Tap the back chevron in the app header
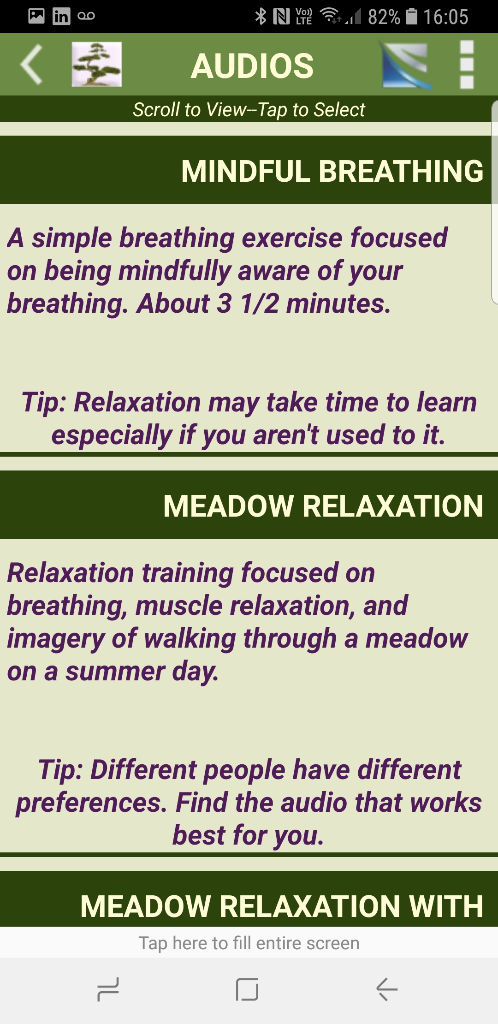pyautogui.click(x=31, y=65)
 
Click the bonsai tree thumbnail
pyautogui.click(x=97, y=64)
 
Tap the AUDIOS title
pyautogui.click(x=252, y=65)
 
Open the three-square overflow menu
pyautogui.click(x=467, y=64)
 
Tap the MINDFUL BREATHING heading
pyautogui.click(x=332, y=171)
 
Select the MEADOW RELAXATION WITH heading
pyautogui.click(x=282, y=906)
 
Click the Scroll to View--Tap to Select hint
pyautogui.click(x=249, y=110)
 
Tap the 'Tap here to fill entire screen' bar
pyautogui.click(x=249, y=943)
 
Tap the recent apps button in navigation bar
pyautogui.click(x=108, y=989)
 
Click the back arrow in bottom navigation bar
pyautogui.click(x=387, y=989)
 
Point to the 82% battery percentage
pyautogui.click(x=384, y=17)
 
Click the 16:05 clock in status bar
pyautogui.click(x=446, y=17)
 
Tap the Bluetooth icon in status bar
pyautogui.click(x=261, y=17)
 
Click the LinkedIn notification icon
pyautogui.click(x=61, y=16)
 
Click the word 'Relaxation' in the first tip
pyautogui.click(x=137, y=402)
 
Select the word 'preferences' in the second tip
pyautogui.click(x=91, y=803)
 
